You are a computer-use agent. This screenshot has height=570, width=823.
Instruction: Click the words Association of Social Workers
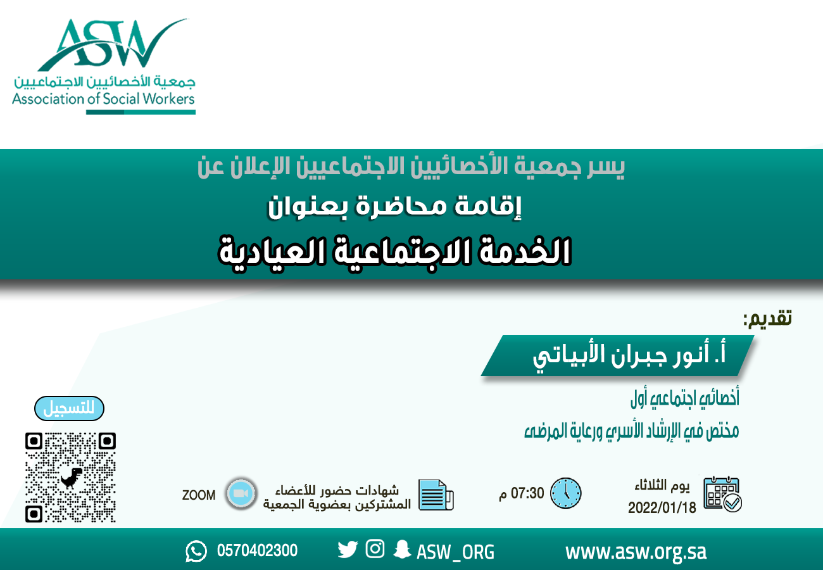(103, 99)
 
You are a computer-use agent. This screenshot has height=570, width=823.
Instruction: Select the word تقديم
(768, 318)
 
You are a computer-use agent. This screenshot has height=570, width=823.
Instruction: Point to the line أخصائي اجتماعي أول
(685, 400)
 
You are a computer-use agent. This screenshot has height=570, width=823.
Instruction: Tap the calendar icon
(722, 494)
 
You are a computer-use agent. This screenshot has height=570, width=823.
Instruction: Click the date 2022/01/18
(662, 508)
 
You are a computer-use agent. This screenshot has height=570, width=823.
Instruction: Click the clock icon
(565, 493)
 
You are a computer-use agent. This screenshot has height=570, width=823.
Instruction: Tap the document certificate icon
(437, 495)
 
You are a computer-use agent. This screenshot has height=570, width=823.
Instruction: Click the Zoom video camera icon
(240, 494)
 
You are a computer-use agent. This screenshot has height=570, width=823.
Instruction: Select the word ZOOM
(199, 495)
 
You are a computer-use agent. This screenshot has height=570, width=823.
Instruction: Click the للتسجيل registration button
(68, 408)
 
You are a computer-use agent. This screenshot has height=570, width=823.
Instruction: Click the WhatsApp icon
(196, 551)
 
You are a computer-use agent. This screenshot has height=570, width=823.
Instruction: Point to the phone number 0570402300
(257, 551)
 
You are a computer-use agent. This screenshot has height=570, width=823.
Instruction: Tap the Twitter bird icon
(348, 550)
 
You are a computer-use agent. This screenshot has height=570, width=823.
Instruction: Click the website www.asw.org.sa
(636, 552)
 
